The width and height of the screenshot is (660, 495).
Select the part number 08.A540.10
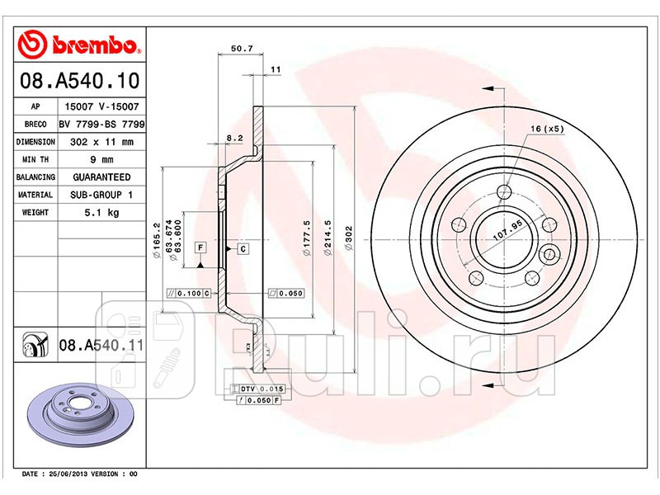coord(79,82)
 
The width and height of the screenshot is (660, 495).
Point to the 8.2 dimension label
coord(234,138)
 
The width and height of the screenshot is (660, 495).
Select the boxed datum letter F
coord(200,247)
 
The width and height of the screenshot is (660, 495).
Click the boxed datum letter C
coord(243,248)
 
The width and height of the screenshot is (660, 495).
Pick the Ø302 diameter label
coord(349,239)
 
